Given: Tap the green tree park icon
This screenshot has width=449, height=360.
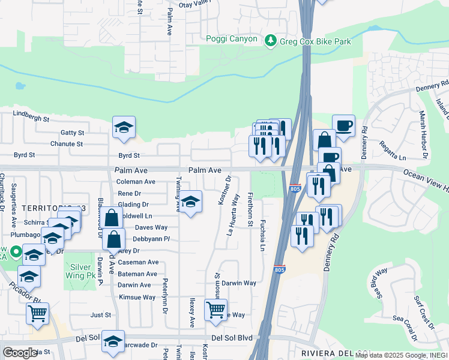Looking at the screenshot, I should [x=271, y=40].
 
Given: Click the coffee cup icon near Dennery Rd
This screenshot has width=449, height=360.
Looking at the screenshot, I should [x=343, y=126].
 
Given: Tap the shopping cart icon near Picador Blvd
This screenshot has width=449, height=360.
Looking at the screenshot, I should [x=37, y=313].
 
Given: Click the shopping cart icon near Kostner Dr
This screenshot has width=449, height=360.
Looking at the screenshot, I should [x=215, y=310].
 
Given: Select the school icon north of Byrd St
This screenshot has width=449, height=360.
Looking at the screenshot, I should [x=124, y=127].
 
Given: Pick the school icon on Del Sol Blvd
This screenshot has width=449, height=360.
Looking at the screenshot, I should [x=113, y=341].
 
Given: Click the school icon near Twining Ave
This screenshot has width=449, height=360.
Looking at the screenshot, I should [x=191, y=203].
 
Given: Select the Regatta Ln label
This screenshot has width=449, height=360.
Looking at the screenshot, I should [x=393, y=152].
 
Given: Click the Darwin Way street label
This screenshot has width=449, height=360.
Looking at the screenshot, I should [x=239, y=283].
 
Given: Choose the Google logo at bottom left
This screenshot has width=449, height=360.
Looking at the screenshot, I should [x=20, y=353].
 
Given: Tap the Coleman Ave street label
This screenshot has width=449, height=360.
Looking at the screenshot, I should [x=136, y=182].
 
